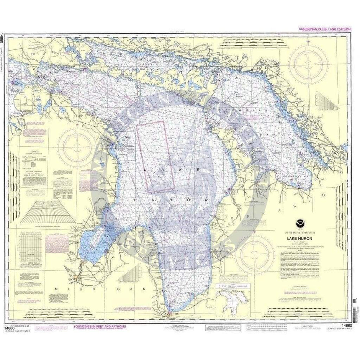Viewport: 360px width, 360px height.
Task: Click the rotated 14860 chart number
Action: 3,38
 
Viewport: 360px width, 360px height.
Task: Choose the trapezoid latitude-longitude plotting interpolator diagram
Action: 48,211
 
